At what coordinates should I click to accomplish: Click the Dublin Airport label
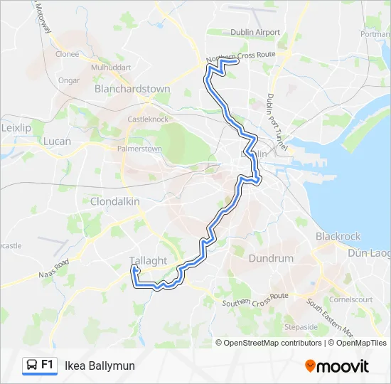pos(255,33)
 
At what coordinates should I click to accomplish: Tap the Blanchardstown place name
pos(132,90)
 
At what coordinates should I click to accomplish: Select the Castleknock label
pos(146,119)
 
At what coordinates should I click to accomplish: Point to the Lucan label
pos(58,142)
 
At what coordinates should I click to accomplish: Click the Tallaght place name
pos(149,260)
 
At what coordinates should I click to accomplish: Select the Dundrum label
pos(270,259)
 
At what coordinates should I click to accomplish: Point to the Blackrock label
pos(338,236)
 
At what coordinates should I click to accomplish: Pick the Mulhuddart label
pos(112,68)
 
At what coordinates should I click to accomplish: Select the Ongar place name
pos(69,80)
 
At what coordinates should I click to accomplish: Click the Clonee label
pos(67,54)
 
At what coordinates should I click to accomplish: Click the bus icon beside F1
pos(31,366)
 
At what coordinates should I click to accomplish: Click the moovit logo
pos(337,366)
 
